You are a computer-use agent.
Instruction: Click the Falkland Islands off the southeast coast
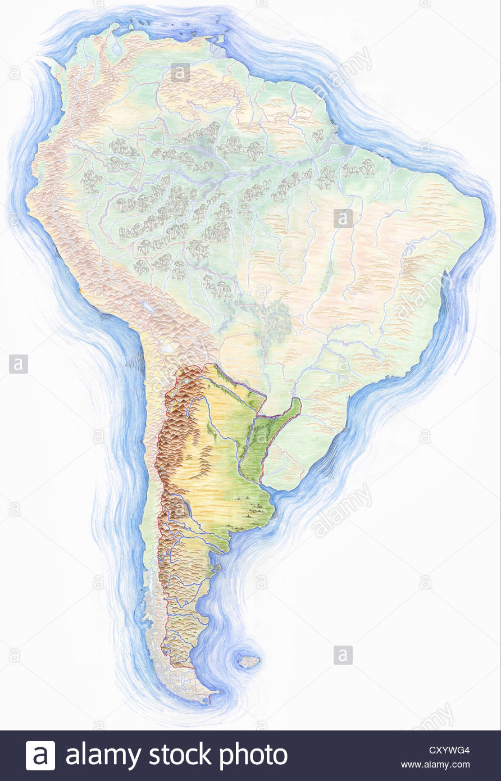click(249, 661)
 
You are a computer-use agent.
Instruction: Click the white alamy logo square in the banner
click(40, 756)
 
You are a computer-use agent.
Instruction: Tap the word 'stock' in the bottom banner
click(182, 756)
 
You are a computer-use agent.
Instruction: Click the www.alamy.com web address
click(435, 765)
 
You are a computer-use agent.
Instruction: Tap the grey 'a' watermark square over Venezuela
click(180, 72)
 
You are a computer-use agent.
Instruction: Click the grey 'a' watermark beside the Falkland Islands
click(343, 655)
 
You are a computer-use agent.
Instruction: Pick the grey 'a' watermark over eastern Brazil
click(343, 218)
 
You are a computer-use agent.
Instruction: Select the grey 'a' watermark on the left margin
click(18, 364)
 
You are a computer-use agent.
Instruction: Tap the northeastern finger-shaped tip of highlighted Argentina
click(297, 402)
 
